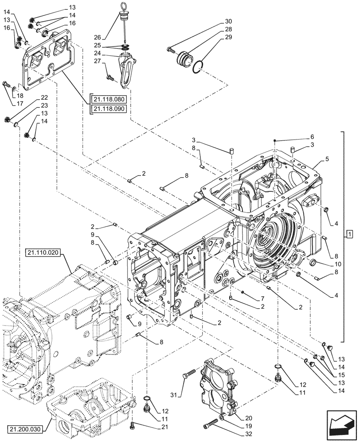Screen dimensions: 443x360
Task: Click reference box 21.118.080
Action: [x=109, y=100]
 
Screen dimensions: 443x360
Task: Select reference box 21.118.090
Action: [x=109, y=109]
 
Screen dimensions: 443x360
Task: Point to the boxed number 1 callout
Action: [x=349, y=233]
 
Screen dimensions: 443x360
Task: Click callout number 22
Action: [x=44, y=97]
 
